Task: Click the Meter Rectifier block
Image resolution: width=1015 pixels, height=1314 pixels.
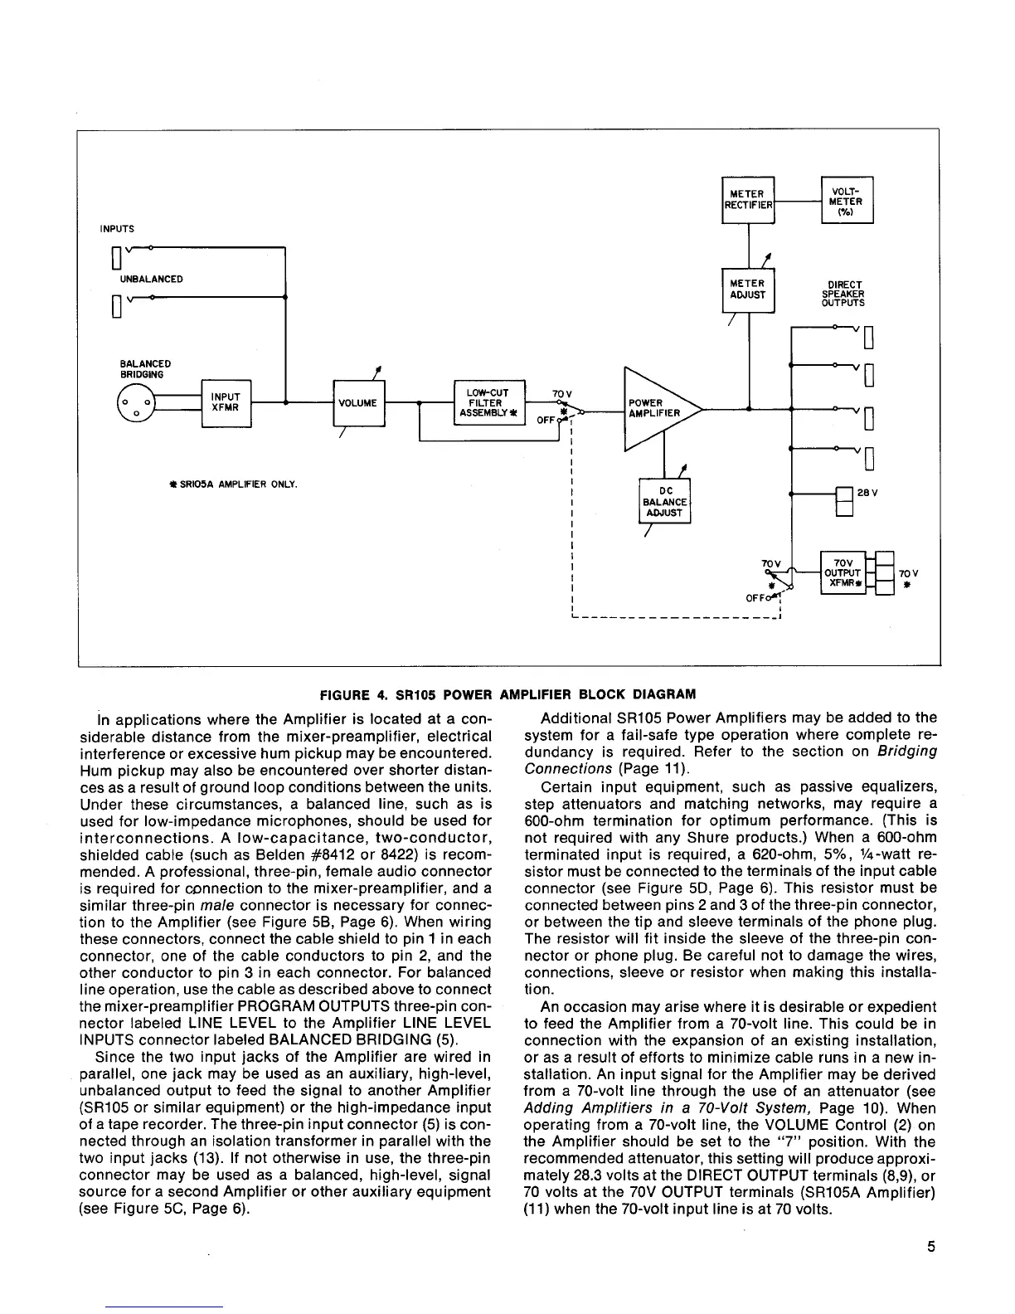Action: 748,200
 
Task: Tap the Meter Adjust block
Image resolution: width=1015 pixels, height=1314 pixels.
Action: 748,290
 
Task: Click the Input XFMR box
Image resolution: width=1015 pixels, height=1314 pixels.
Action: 226,402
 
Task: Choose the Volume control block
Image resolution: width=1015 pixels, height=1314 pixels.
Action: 358,403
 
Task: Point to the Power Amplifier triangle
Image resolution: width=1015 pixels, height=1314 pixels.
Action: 655,408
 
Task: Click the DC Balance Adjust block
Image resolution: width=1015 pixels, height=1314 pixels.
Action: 664,502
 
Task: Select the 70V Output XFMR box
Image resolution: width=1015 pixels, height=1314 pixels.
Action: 842,572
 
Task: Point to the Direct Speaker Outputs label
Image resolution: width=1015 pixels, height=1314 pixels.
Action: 843,294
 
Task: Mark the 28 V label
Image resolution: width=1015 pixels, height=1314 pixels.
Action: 867,493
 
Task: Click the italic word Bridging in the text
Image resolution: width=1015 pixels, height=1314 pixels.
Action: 906,751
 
